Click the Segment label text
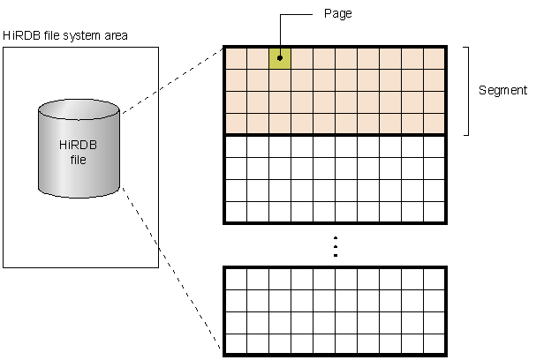pyautogui.click(x=502, y=91)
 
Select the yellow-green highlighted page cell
pyautogui.click(x=280, y=57)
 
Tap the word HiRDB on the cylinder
pyautogui.click(x=79, y=146)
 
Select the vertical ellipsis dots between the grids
pyautogui.click(x=335, y=246)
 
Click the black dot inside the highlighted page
pyautogui.click(x=280, y=58)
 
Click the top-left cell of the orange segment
pyautogui.click(x=236, y=57)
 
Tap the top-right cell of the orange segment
pyautogui.click(x=434, y=57)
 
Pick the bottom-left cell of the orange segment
pyautogui.click(x=236, y=123)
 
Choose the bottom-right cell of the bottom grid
pyautogui.click(x=434, y=342)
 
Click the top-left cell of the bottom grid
pyautogui.click(x=236, y=279)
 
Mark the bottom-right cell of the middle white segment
pyautogui.click(x=434, y=211)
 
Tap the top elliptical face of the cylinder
pyautogui.click(x=79, y=112)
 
